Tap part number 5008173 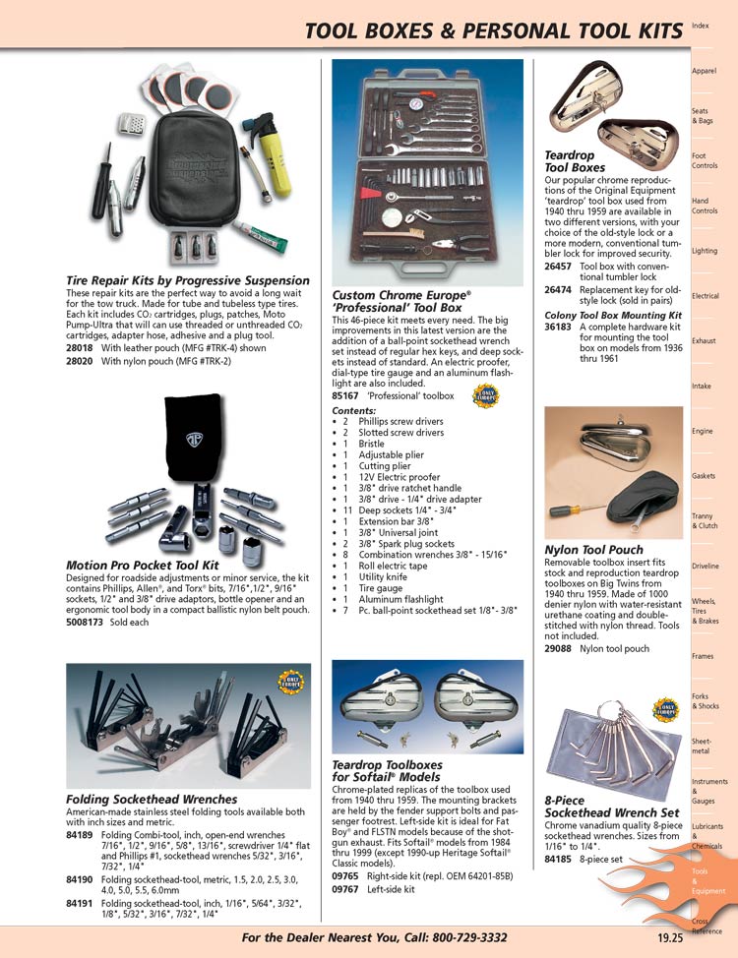coord(88,623)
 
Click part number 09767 coord(345,888)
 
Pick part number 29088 coord(558,648)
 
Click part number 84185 coord(558,859)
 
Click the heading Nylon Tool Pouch coord(593,550)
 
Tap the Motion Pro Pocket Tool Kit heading coord(142,566)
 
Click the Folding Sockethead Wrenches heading coord(152,799)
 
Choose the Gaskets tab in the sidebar coord(704,476)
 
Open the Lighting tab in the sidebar coord(704,251)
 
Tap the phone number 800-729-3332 coord(457,937)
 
